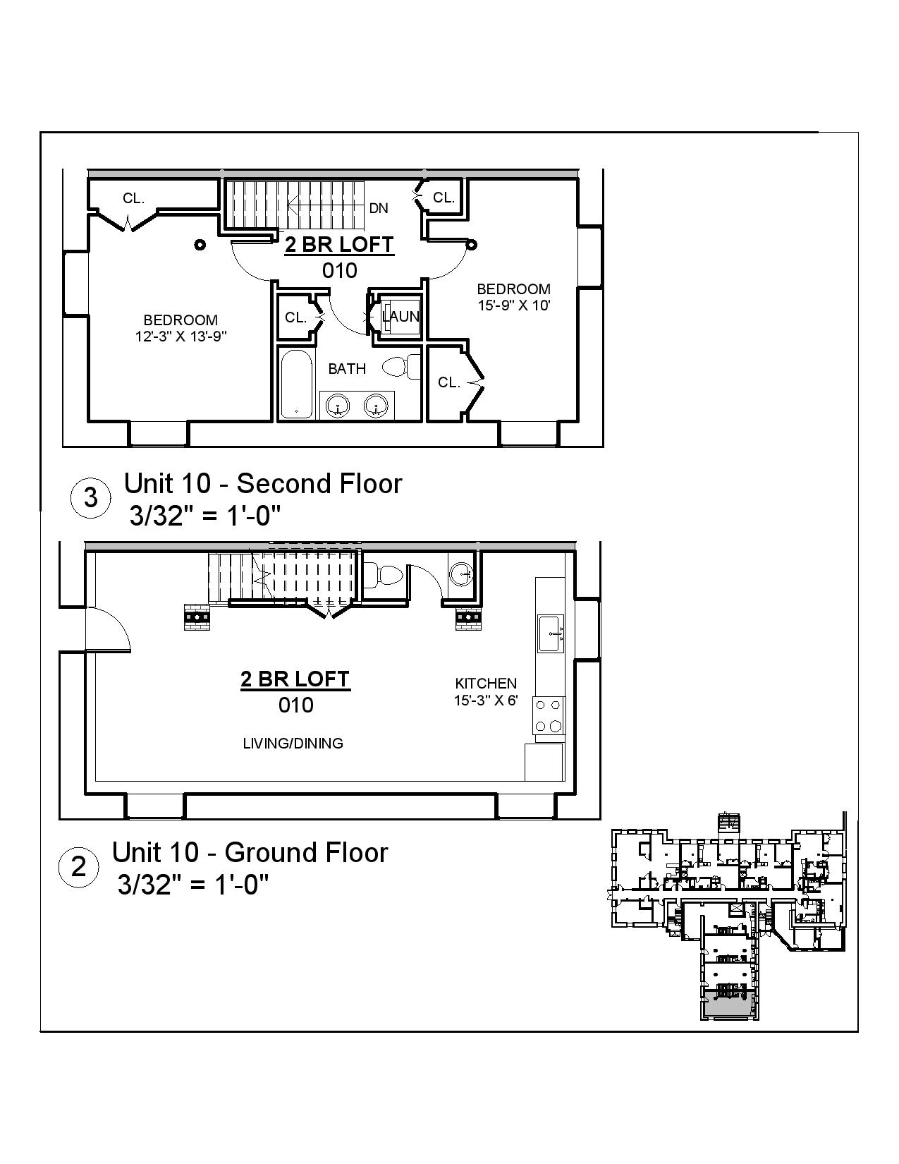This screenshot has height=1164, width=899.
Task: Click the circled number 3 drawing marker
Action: pyautogui.click(x=91, y=498)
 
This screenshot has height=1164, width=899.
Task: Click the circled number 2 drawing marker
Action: pyautogui.click(x=78, y=866)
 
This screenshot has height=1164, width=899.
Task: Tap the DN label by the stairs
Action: pyautogui.click(x=379, y=208)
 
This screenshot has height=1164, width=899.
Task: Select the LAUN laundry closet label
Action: pyautogui.click(x=400, y=317)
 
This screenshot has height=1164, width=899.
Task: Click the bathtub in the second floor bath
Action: pyautogui.click(x=295, y=384)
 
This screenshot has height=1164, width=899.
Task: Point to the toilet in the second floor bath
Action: pyautogui.click(x=400, y=367)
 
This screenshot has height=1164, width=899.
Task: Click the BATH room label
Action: pyautogui.click(x=347, y=368)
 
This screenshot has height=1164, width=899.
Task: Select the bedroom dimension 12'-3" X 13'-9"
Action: pyautogui.click(x=181, y=337)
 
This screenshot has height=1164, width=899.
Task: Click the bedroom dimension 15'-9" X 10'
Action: pyautogui.click(x=513, y=305)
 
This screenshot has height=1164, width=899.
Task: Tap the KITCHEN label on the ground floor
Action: pyautogui.click(x=486, y=683)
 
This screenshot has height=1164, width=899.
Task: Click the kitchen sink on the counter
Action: pyautogui.click(x=551, y=633)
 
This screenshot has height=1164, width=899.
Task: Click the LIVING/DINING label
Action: pyautogui.click(x=293, y=743)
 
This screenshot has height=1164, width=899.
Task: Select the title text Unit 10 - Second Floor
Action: pyautogui.click(x=262, y=484)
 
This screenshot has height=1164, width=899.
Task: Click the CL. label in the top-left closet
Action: pyautogui.click(x=133, y=198)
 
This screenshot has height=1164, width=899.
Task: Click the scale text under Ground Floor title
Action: pyautogui.click(x=193, y=884)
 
